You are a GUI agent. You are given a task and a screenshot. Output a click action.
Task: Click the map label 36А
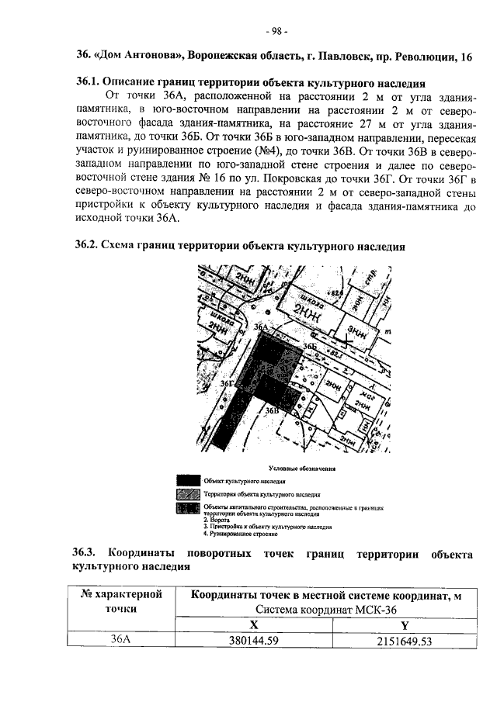pyautogui.click(x=262, y=329)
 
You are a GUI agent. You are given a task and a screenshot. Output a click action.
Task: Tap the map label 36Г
pyautogui.click(x=228, y=383)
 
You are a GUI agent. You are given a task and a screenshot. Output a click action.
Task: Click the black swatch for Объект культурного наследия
pyautogui.click(x=188, y=481)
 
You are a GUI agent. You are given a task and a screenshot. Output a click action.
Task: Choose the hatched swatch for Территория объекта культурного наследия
pyautogui.click(x=188, y=494)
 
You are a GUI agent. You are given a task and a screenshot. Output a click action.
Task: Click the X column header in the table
pyautogui.click(x=253, y=623)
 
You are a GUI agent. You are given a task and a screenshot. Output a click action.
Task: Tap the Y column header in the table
pyautogui.click(x=404, y=623)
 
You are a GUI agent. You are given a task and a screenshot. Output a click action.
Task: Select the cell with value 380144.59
pyautogui.click(x=254, y=641)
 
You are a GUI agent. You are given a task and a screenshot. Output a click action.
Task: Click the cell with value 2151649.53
pyautogui.click(x=404, y=641)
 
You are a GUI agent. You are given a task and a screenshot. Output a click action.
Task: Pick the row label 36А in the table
pyautogui.click(x=120, y=641)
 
